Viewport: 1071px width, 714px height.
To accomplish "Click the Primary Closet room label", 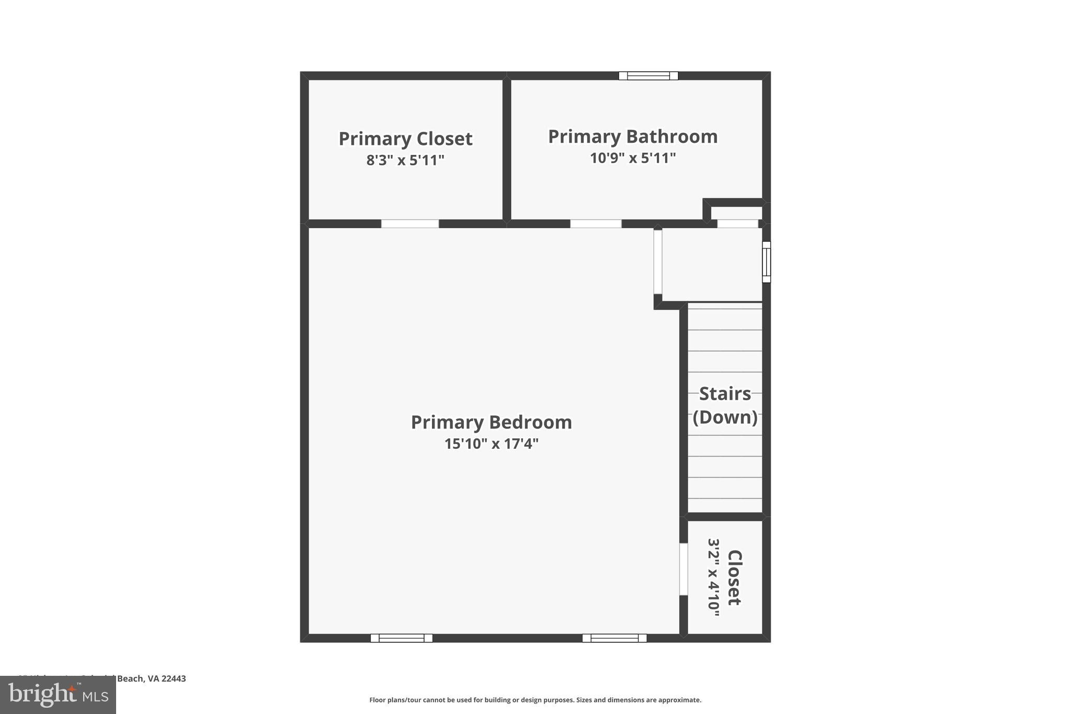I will point(405,139).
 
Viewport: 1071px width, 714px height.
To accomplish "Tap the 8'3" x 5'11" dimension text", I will point(405,160).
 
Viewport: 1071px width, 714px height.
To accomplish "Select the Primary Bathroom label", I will point(633,137).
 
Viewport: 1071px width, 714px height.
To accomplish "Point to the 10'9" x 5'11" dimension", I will point(633,158).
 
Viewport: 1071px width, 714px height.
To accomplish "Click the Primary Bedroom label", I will point(491,422).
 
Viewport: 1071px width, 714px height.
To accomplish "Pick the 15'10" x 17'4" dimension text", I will point(491,444).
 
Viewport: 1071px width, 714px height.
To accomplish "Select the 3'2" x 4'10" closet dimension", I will point(714,577).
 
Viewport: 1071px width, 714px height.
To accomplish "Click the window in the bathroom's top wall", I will point(648,76).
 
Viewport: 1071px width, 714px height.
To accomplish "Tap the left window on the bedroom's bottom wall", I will point(402,638).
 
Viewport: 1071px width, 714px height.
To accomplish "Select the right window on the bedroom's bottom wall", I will point(614,638).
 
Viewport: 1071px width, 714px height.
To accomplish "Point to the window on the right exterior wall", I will point(766,262).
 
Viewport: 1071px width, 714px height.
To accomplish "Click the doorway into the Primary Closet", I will point(409,224).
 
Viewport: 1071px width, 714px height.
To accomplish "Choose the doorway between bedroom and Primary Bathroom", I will point(596,224).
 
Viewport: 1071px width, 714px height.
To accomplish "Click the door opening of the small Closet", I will point(683,569).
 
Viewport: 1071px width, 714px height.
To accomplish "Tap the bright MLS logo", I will point(58,695).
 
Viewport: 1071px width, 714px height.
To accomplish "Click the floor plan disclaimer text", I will point(535,700).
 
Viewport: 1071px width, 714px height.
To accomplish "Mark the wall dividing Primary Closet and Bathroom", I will point(506,149).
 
